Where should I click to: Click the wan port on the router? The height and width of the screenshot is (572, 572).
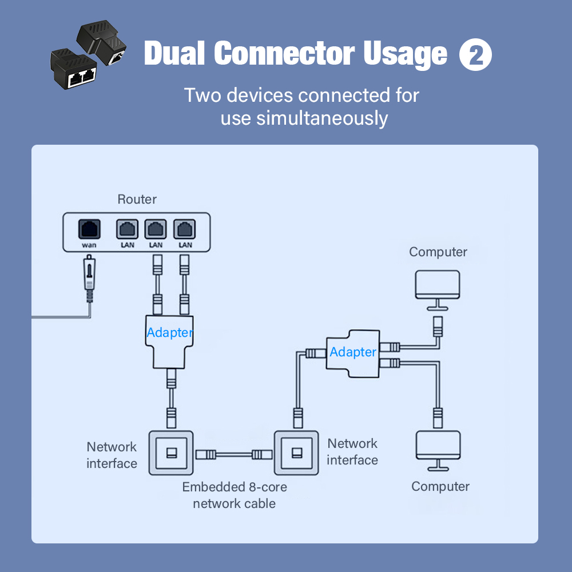click(89, 229)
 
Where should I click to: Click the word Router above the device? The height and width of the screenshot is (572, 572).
click(137, 200)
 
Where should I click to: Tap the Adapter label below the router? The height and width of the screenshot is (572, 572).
click(170, 332)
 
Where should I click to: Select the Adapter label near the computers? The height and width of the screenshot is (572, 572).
click(353, 352)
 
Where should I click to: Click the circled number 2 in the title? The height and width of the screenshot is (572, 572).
click(476, 55)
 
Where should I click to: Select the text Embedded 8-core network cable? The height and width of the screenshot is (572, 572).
click(235, 495)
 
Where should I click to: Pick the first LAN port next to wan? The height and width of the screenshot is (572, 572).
click(127, 229)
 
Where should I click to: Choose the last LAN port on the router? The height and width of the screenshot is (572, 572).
click(185, 229)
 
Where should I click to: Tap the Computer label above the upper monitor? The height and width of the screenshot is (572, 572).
click(438, 252)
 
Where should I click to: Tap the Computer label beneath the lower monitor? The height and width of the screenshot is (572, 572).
click(440, 487)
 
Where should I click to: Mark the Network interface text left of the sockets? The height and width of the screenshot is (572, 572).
click(112, 455)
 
